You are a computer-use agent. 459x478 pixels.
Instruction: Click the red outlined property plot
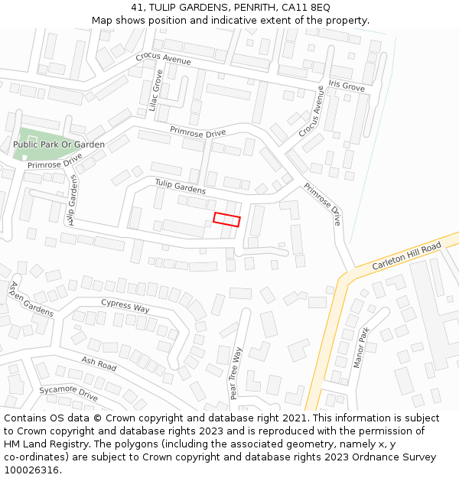pos(226,219)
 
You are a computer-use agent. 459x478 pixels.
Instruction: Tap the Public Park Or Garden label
pos(59,145)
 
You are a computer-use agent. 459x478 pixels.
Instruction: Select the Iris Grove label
pos(347,87)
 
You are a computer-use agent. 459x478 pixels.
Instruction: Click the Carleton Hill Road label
pos(407,256)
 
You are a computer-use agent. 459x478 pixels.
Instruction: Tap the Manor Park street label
pos(361,348)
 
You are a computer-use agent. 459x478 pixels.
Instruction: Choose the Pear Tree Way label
pos(236,373)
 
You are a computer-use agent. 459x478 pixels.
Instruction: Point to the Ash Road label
pos(99,363)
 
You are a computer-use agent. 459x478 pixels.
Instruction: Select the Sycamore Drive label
pos(69,394)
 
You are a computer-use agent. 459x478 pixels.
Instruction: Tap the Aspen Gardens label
pos(31,299)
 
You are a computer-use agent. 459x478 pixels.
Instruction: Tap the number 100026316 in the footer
pos(32,470)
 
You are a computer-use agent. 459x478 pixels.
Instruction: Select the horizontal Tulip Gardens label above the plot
pos(181,186)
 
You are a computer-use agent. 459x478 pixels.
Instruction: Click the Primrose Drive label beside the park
pos(55,161)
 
